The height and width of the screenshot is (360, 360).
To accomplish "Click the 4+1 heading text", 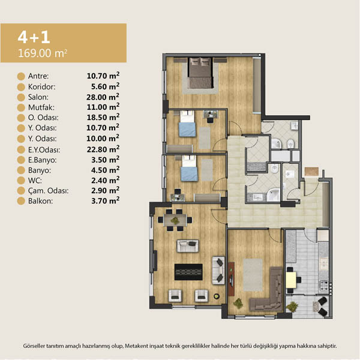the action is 34,37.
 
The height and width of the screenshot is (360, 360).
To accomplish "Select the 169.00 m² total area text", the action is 43,53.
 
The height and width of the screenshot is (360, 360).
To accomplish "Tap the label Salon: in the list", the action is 38,97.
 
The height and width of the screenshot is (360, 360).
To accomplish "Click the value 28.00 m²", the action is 103,97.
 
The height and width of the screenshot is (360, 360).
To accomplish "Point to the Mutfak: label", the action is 41,107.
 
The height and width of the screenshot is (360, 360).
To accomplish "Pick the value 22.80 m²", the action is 103,149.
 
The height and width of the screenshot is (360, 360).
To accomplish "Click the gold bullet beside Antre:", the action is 21,76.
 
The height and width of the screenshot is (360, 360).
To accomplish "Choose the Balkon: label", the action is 40,201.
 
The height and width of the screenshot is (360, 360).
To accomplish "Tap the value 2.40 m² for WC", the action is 106,180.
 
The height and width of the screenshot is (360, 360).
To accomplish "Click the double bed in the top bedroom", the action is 200,73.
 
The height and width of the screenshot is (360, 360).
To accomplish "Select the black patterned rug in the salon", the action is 188,272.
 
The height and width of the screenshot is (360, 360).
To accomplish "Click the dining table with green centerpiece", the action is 175,220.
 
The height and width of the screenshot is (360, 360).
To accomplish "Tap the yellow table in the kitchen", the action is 291,280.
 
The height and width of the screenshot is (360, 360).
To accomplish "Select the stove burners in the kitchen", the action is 324,286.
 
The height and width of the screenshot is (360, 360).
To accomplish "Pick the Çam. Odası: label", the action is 48,191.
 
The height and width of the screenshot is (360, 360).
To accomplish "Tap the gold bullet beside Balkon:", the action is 21,201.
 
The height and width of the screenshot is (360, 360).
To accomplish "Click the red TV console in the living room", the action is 232,279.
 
